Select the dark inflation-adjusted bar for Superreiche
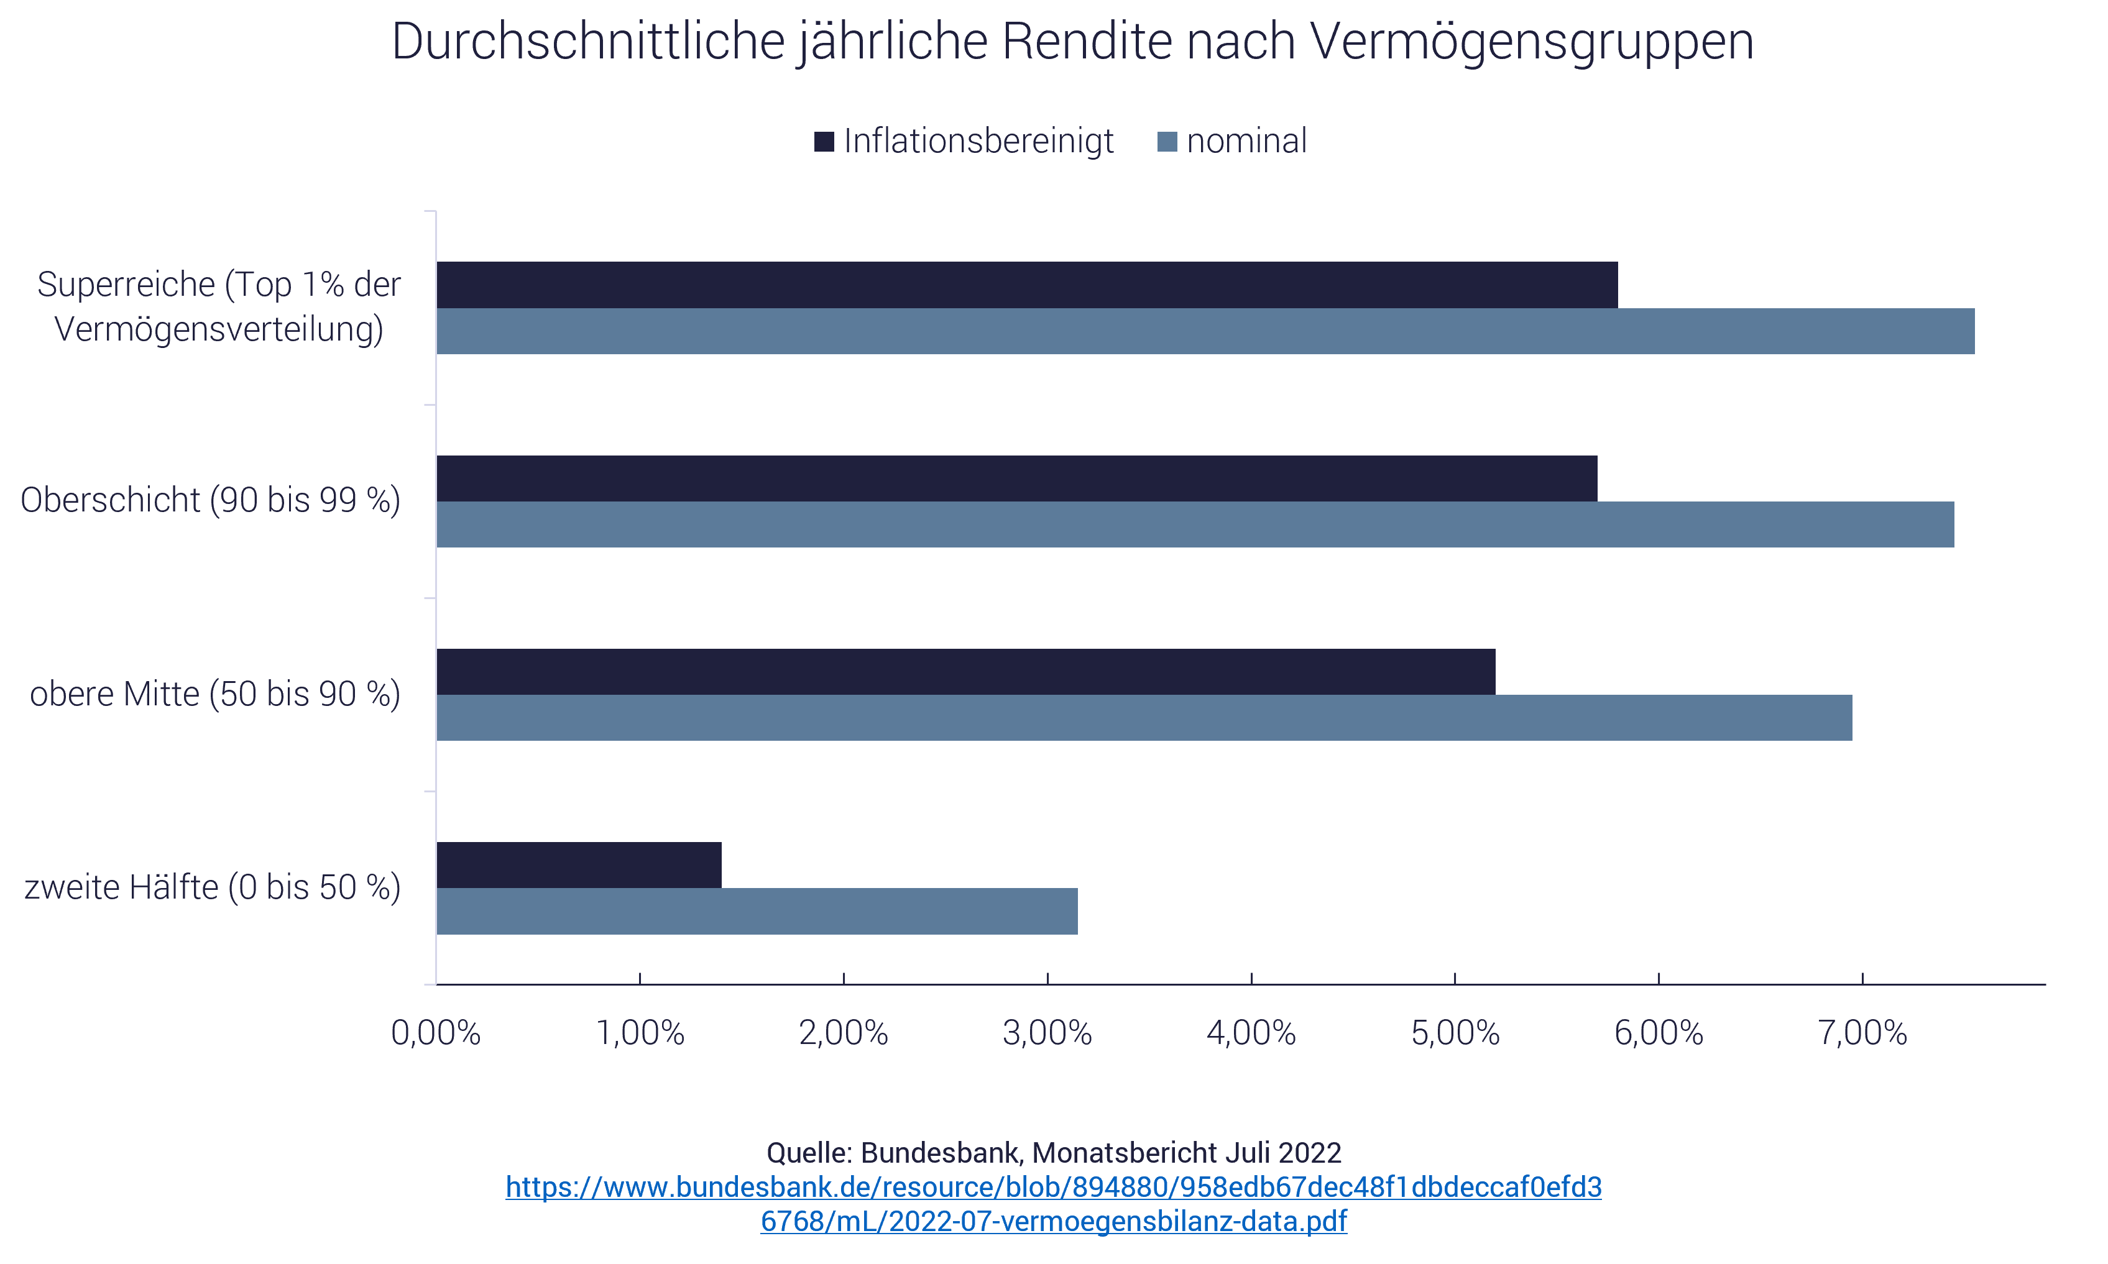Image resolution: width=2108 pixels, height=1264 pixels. (1027, 285)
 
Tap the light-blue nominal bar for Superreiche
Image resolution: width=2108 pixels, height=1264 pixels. (1205, 331)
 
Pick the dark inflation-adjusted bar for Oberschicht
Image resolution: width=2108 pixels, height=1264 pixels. (1016, 478)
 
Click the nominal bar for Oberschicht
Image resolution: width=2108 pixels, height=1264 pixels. (1195, 524)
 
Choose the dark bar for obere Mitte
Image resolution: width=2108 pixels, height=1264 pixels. (965, 671)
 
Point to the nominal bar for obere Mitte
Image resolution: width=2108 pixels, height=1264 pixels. (1143, 718)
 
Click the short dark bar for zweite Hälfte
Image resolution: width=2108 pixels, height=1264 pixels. (579, 864)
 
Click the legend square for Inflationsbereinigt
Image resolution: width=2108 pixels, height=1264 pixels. (824, 142)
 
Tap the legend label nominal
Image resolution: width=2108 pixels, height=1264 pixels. (1246, 142)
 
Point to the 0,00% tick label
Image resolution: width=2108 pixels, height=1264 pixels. (435, 1033)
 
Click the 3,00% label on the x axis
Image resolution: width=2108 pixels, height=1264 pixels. (1047, 1033)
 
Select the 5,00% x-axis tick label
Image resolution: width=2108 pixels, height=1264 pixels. (1455, 1033)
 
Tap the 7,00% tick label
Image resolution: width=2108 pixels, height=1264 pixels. (1862, 1033)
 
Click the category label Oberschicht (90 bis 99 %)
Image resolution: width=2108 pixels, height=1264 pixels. (211, 501)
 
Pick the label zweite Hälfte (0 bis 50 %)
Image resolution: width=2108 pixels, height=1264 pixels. (212, 887)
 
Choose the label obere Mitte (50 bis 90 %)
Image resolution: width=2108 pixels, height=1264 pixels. (214, 694)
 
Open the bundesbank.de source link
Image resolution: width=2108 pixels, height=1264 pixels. (1053, 1204)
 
